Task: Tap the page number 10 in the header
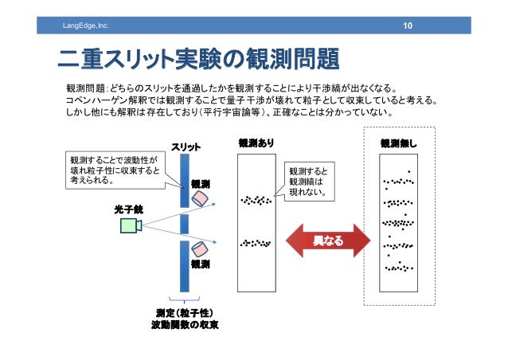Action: coord(407,28)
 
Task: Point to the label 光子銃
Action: coord(127,209)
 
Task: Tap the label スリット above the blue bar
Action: coord(186,147)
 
